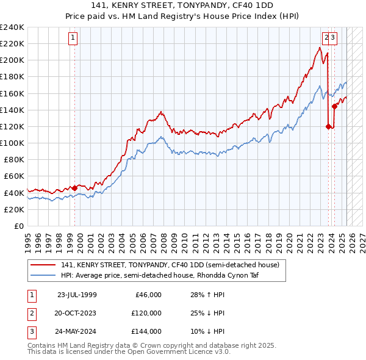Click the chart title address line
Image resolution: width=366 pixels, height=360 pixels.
pyautogui.click(x=183, y=5)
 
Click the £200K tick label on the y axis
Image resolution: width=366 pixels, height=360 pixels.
pyautogui.click(x=12, y=60)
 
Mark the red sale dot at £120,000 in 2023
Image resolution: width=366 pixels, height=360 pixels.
pyautogui.click(x=328, y=126)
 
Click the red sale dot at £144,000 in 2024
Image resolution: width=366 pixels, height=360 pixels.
pyautogui.click(x=334, y=107)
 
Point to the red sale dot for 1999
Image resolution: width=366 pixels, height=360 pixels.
pyautogui.click(x=75, y=188)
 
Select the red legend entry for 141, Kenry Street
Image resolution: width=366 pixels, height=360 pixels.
pyautogui.click(x=170, y=265)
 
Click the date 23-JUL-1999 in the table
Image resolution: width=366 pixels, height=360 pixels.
pyautogui.click(x=77, y=295)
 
